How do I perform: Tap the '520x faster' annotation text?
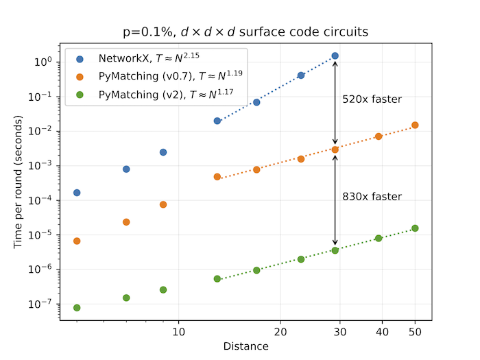pos(372,100)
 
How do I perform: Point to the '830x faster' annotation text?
pos(372,197)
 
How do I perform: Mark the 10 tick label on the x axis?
pos(178,332)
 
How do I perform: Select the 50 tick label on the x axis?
pos(415,332)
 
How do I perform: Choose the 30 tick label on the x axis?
pos(335,332)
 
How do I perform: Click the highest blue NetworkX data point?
pos(335,56)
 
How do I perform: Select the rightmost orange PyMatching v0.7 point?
pos(415,125)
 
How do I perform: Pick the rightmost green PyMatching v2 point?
pos(415,228)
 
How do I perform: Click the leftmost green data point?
pos(77,308)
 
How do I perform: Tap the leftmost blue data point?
pos(77,193)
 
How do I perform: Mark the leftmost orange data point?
pos(77,241)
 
